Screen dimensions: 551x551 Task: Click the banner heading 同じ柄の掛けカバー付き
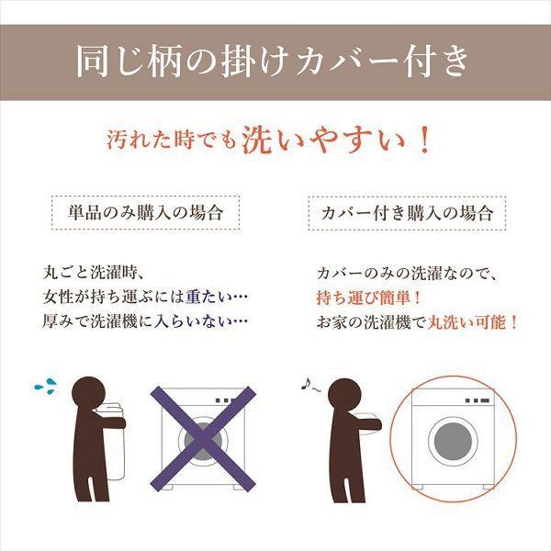coord(275,62)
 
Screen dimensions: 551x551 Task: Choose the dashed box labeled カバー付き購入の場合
coord(407,213)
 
